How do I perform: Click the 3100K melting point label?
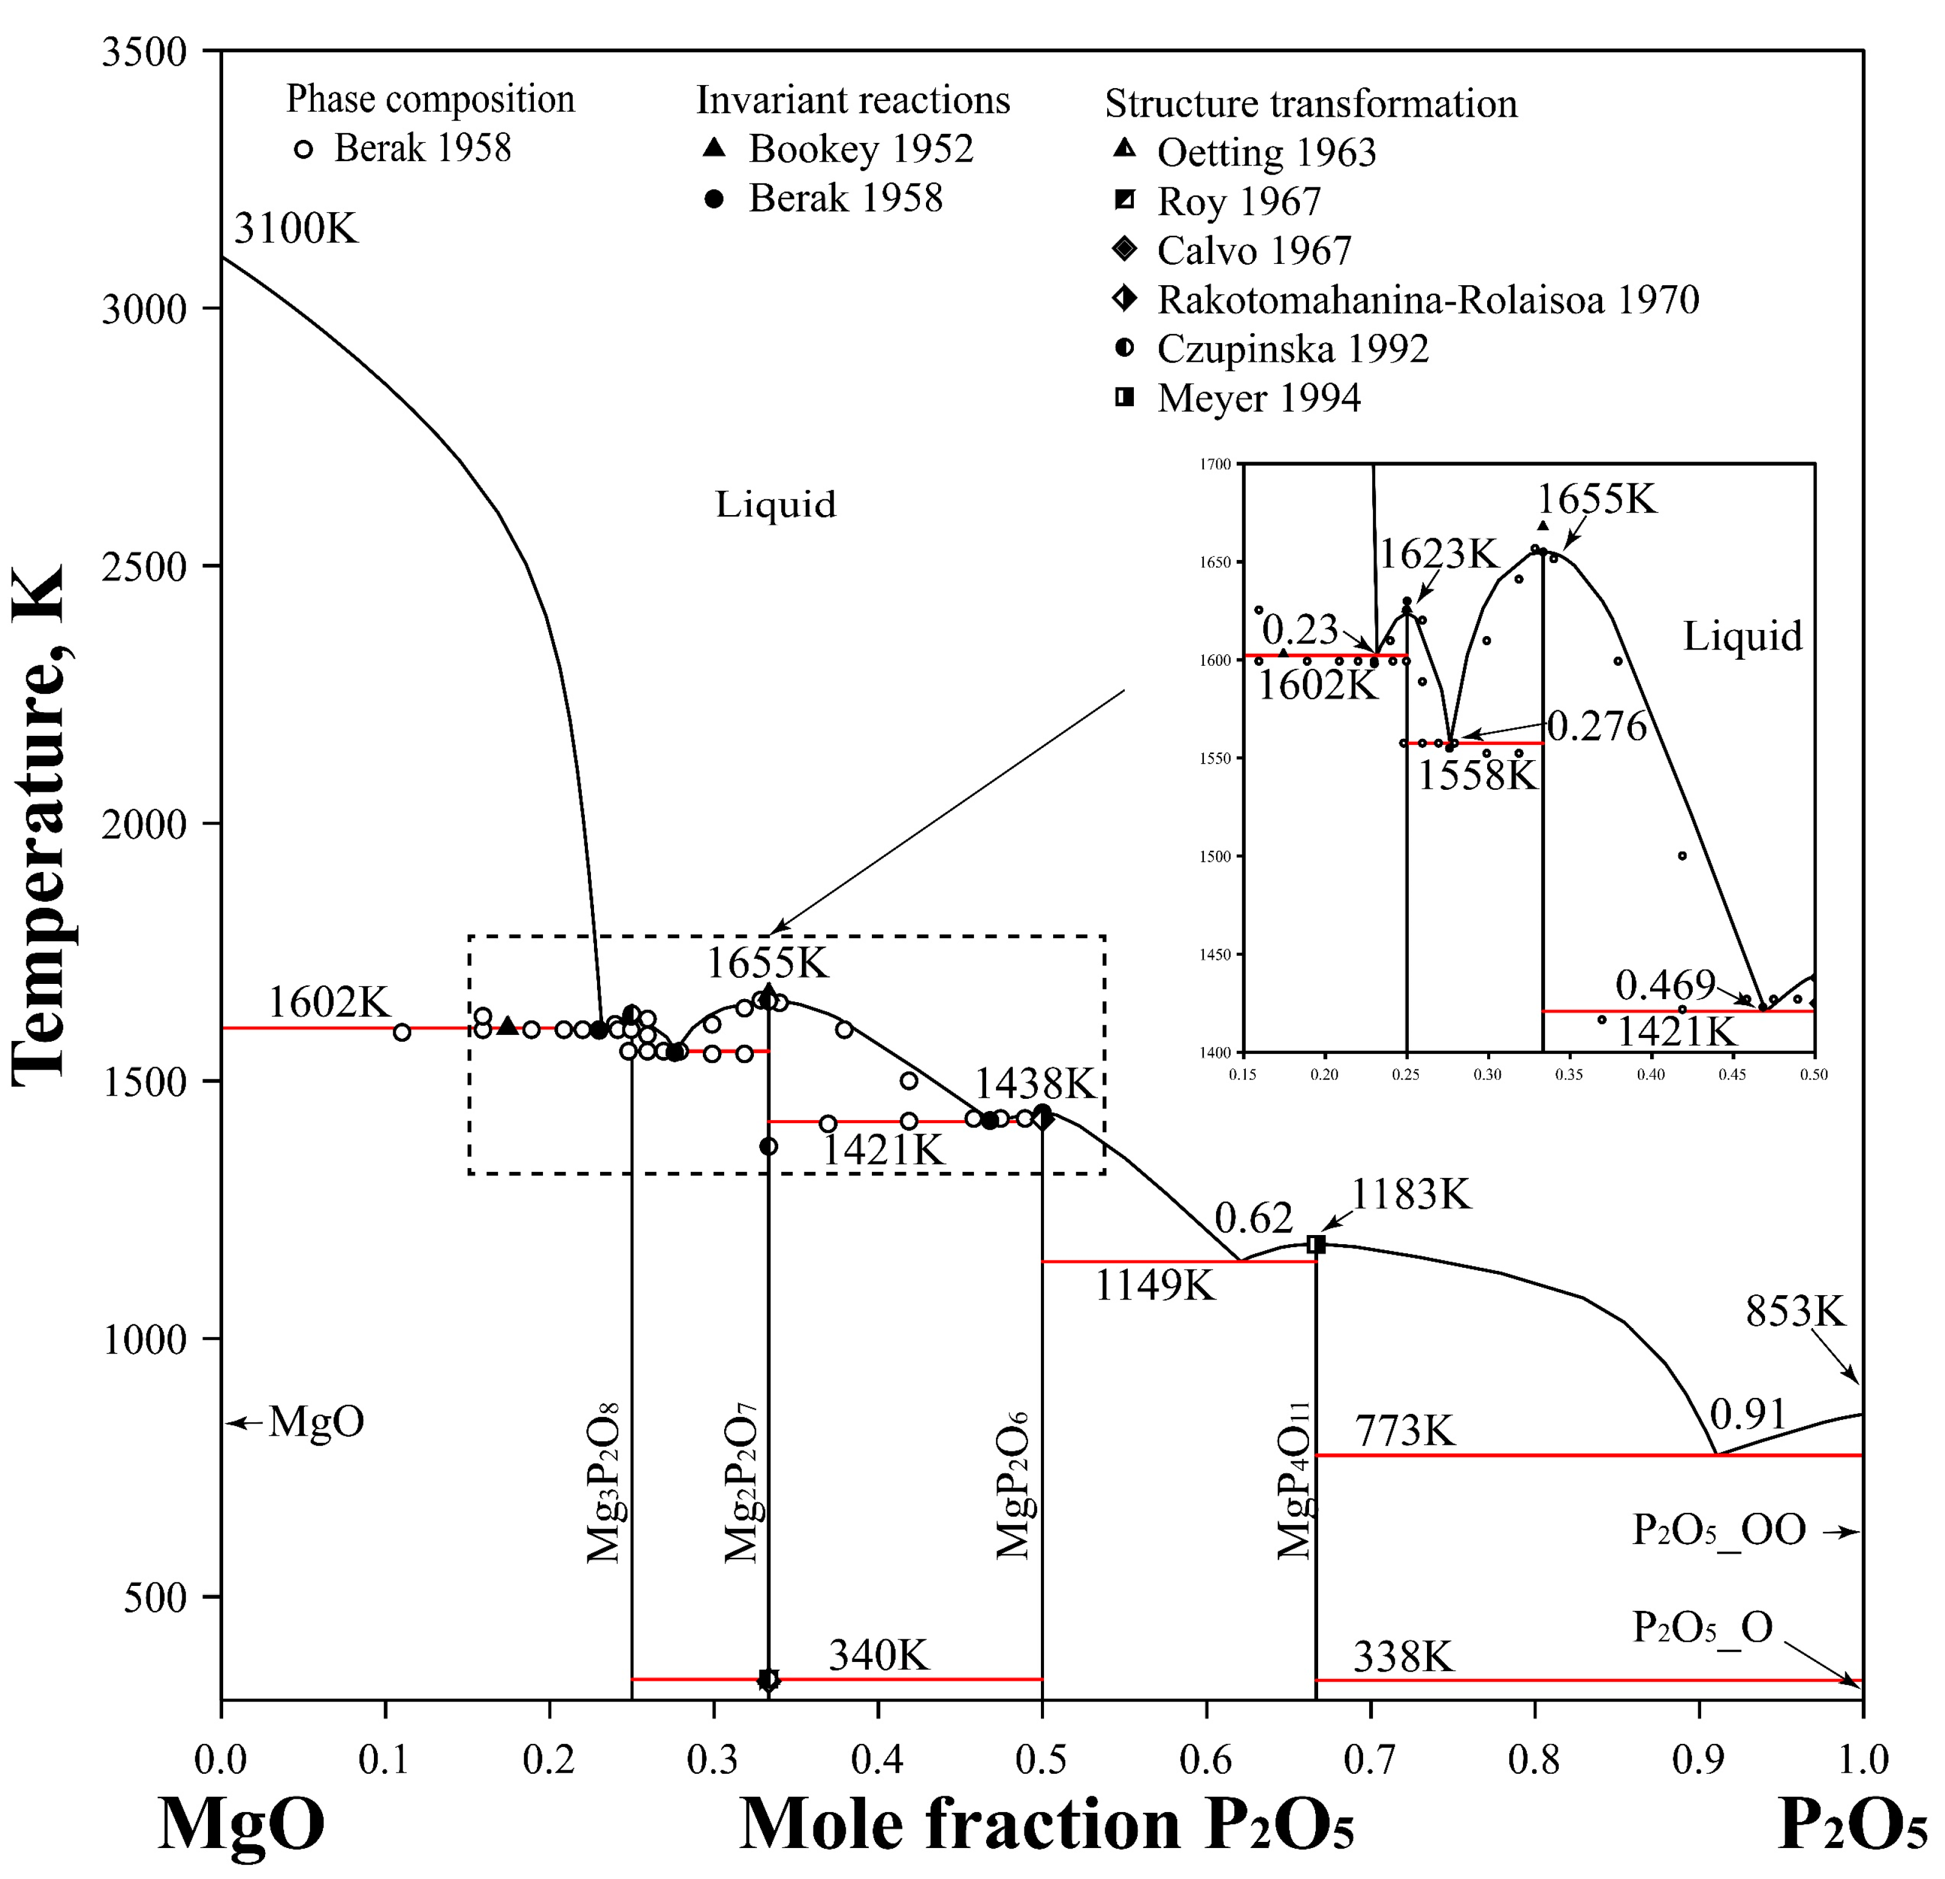coord(295,229)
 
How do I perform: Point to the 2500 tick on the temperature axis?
coord(144,567)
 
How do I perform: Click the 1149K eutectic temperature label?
coord(1154,1286)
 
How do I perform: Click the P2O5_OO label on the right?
coord(1719,1529)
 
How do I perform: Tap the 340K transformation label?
coord(878,1656)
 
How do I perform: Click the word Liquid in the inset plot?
coord(1741,636)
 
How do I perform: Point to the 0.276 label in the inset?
coord(1597,727)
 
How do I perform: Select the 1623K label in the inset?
coord(1438,554)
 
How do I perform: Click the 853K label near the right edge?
coord(1794,1312)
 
